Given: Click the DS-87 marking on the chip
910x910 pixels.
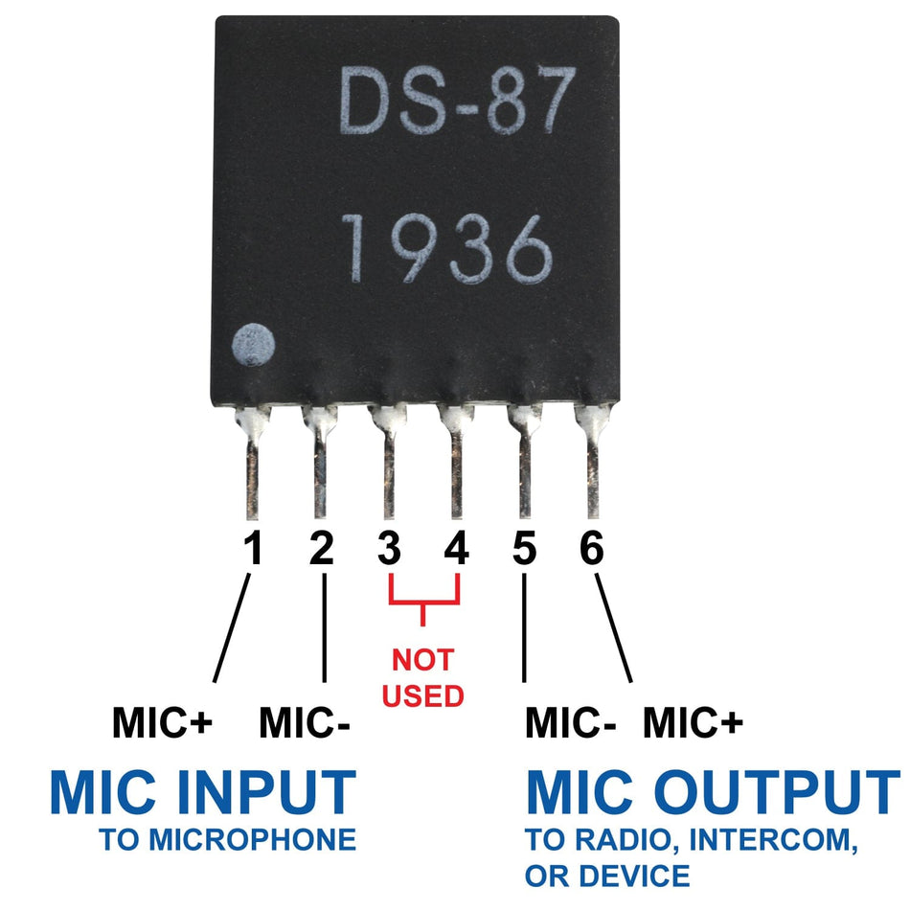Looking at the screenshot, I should [x=458, y=100].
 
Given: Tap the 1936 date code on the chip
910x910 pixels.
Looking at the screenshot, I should [x=447, y=248].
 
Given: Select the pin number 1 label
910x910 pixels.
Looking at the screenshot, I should [x=252, y=550].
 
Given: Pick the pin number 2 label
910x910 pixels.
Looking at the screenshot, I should [x=321, y=550].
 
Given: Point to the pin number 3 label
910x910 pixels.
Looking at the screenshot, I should [x=388, y=550].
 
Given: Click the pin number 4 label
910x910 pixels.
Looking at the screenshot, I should [x=457, y=550].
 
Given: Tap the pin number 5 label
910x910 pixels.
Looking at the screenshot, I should [x=524, y=550].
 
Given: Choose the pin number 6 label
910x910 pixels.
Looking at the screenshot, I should [x=592, y=550].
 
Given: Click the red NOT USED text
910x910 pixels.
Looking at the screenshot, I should [x=422, y=677].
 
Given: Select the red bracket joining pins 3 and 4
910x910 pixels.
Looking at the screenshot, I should [x=422, y=601].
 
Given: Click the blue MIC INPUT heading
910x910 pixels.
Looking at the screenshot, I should [x=203, y=793].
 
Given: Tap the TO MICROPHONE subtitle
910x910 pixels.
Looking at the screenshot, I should [x=228, y=841].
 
